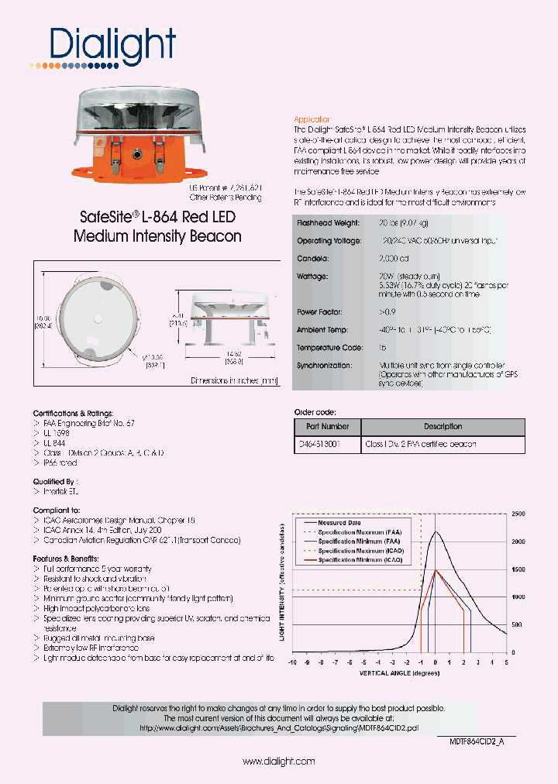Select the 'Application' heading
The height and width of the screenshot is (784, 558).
click(x=313, y=119)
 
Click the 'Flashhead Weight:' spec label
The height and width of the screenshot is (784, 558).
click(x=328, y=222)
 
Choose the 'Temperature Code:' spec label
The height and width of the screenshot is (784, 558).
click(x=329, y=348)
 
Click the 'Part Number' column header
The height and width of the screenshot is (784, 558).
click(x=328, y=426)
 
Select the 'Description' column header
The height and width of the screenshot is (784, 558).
click(x=443, y=426)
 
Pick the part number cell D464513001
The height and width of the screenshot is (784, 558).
click(x=319, y=445)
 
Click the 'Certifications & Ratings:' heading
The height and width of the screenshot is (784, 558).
click(x=73, y=414)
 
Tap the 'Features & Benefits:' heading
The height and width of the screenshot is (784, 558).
click(x=65, y=559)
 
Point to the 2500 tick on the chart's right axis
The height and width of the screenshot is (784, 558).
click(x=518, y=514)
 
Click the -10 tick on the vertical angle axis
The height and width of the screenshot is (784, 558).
click(x=292, y=662)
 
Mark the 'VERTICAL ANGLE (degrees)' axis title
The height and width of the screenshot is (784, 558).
click(x=399, y=673)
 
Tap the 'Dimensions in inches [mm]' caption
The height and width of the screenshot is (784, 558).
click(x=233, y=380)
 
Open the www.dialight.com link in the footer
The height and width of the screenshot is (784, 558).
click(x=278, y=762)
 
